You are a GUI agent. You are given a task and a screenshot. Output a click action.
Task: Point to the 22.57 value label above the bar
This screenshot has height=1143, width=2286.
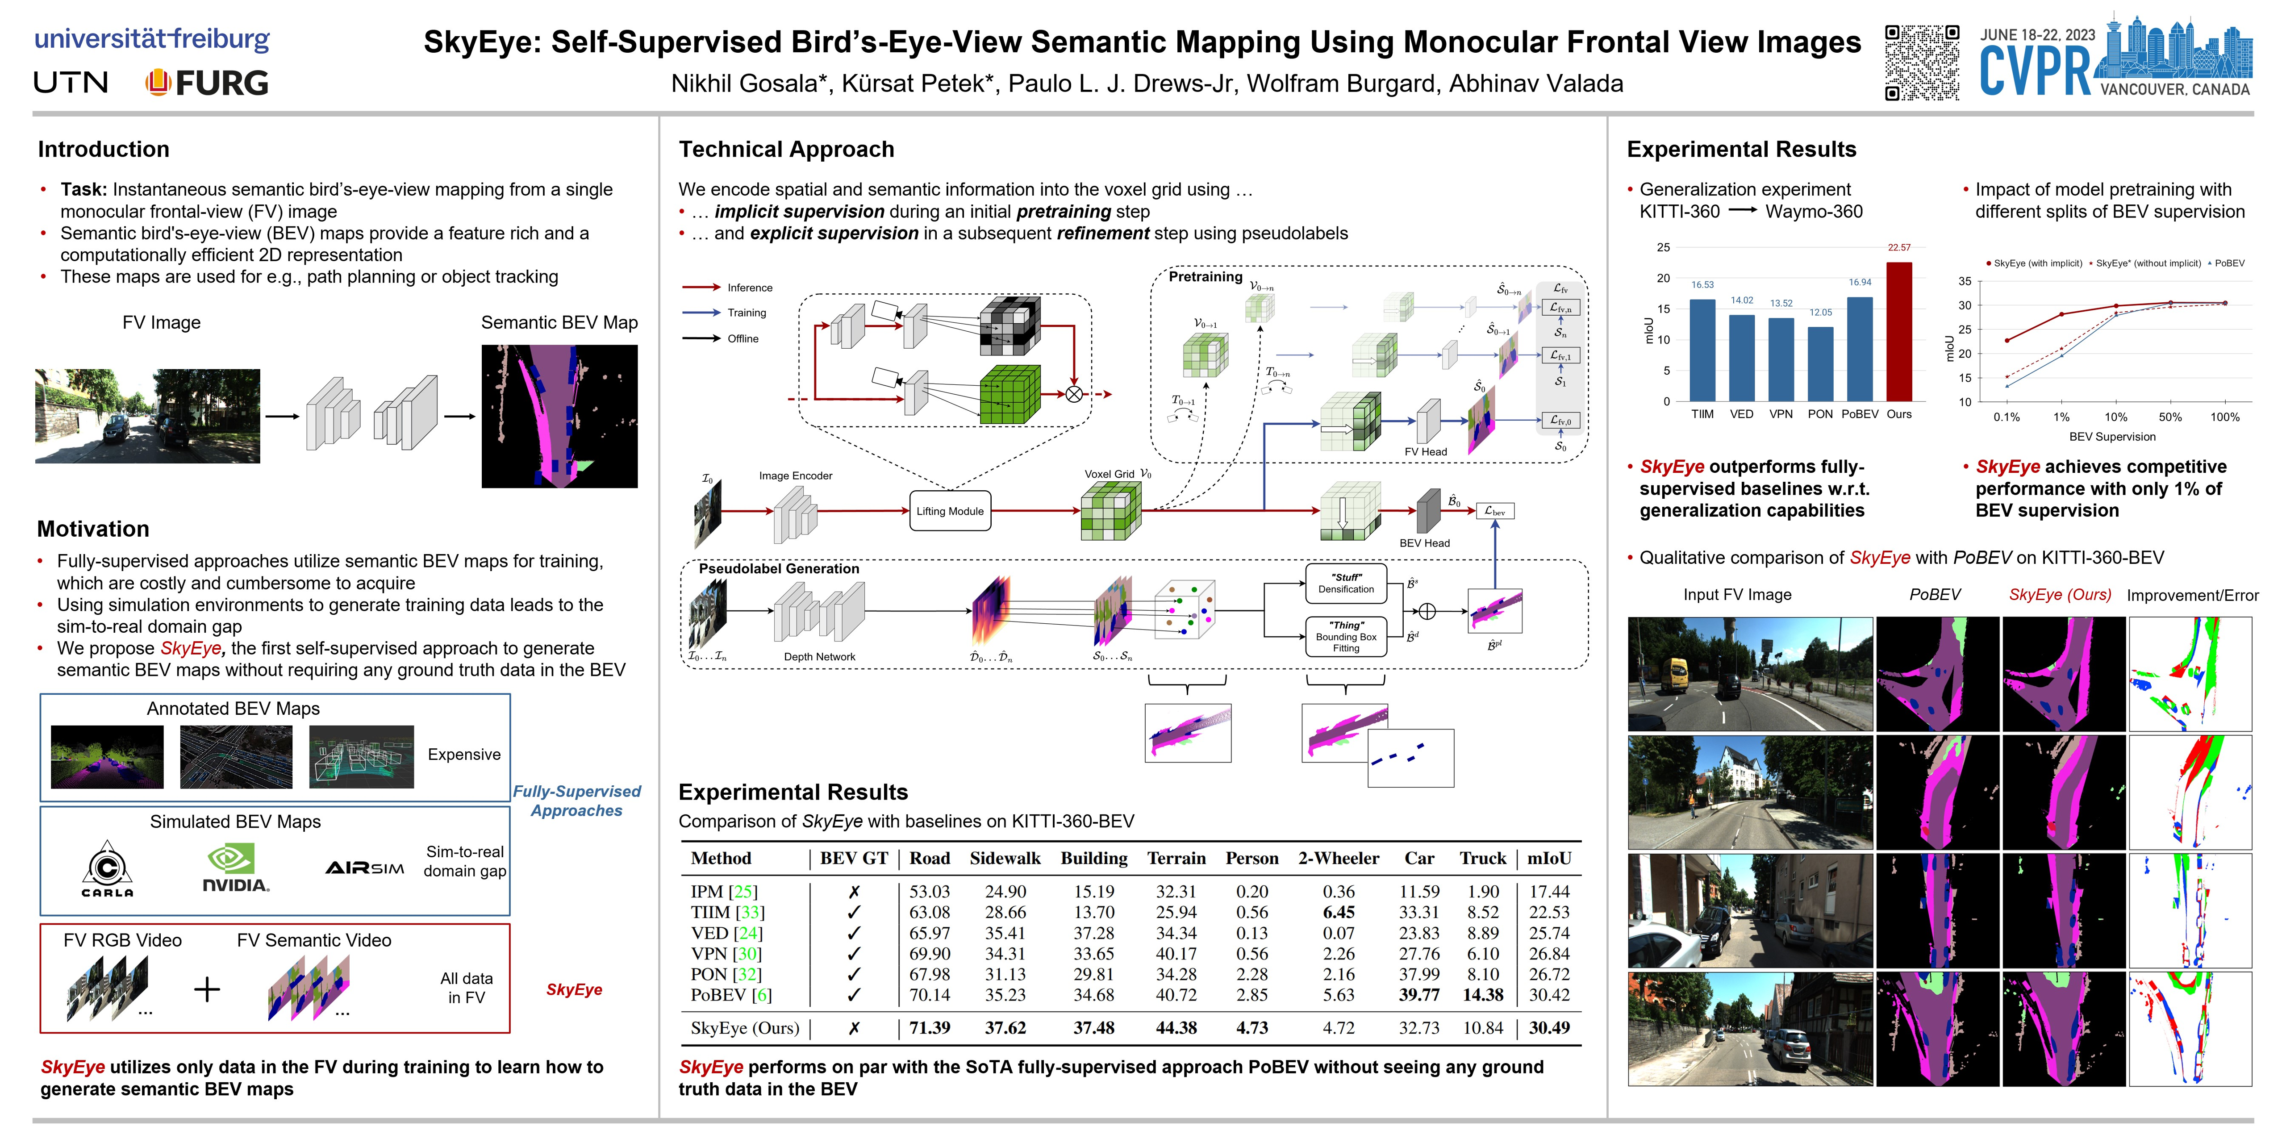(x=1899, y=248)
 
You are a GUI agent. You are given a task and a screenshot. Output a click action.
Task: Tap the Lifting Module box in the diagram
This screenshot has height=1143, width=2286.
(x=950, y=511)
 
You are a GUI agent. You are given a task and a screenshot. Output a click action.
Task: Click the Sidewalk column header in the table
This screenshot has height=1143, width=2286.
(x=1005, y=858)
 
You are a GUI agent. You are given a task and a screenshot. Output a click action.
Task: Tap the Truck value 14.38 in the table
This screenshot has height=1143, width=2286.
(x=1483, y=995)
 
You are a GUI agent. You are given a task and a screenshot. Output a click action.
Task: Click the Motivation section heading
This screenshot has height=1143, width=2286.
(x=93, y=529)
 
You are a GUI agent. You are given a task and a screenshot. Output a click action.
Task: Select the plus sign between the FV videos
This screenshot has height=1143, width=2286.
(x=207, y=989)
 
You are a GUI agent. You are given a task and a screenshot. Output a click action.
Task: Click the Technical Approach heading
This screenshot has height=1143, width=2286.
(x=786, y=149)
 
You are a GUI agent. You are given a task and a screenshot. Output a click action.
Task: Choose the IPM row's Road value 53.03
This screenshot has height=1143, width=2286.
(x=929, y=891)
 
